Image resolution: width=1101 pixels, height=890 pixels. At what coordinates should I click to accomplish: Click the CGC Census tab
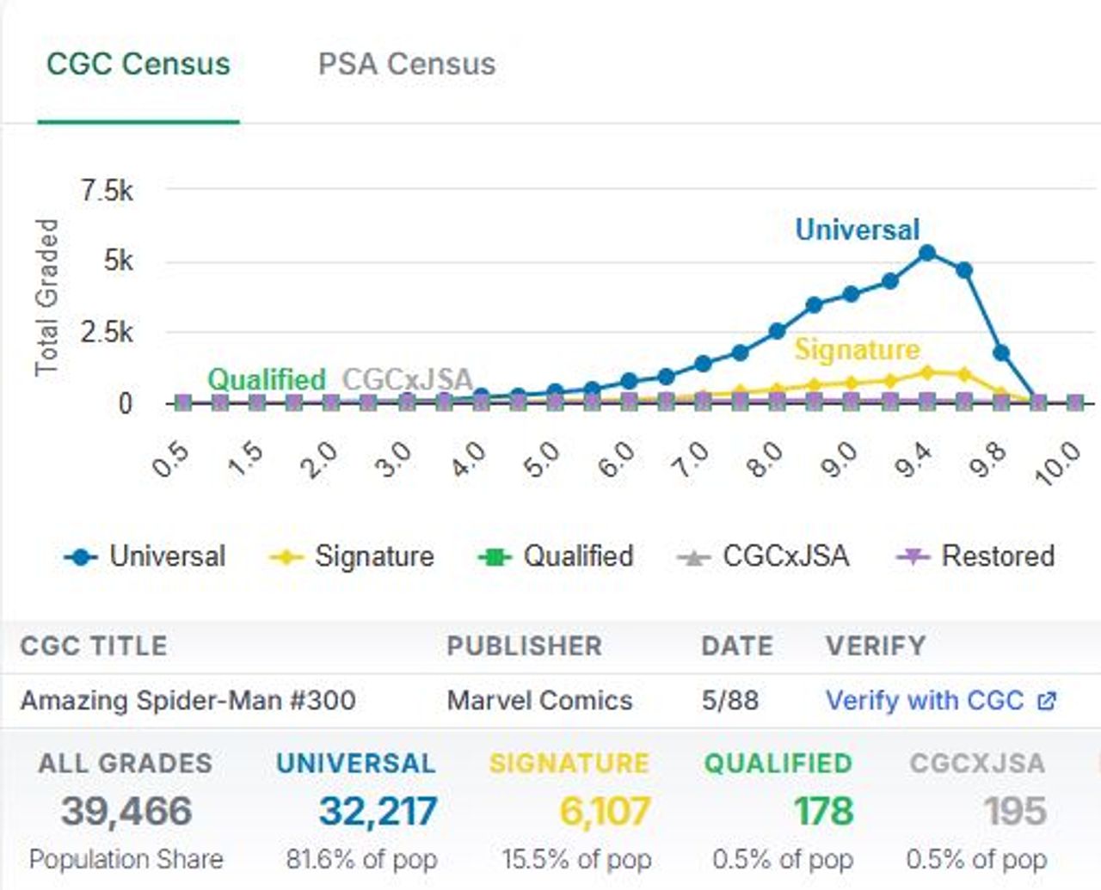(138, 64)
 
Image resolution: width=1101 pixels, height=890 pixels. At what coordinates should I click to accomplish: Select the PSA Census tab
(406, 64)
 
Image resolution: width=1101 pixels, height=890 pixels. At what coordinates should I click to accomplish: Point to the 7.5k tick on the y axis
(107, 191)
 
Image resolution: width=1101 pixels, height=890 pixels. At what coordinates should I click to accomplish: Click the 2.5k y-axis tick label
(107, 332)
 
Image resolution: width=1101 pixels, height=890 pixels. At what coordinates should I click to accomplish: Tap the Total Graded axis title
(46, 298)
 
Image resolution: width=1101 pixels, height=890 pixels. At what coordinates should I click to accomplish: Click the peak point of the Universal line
(927, 253)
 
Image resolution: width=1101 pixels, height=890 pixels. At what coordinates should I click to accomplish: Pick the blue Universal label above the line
(857, 230)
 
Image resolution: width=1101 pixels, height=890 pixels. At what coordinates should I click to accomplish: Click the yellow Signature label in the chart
(857, 350)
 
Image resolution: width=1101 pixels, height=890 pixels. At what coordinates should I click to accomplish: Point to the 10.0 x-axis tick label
(1058, 463)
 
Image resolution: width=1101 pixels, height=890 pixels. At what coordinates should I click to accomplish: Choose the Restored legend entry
(977, 556)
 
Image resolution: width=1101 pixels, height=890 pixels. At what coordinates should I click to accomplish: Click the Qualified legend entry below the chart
(557, 556)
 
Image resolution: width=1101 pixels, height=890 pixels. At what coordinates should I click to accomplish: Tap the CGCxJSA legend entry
(764, 556)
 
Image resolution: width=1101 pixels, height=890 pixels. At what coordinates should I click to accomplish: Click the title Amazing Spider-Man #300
(188, 701)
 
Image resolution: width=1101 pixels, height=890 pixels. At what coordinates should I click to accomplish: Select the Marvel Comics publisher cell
(539, 701)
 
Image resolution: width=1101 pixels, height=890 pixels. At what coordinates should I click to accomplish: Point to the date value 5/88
(729, 701)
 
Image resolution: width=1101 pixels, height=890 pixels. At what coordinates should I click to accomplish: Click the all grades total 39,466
(126, 811)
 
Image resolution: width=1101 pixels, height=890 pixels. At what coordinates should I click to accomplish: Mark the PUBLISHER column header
(524, 646)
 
